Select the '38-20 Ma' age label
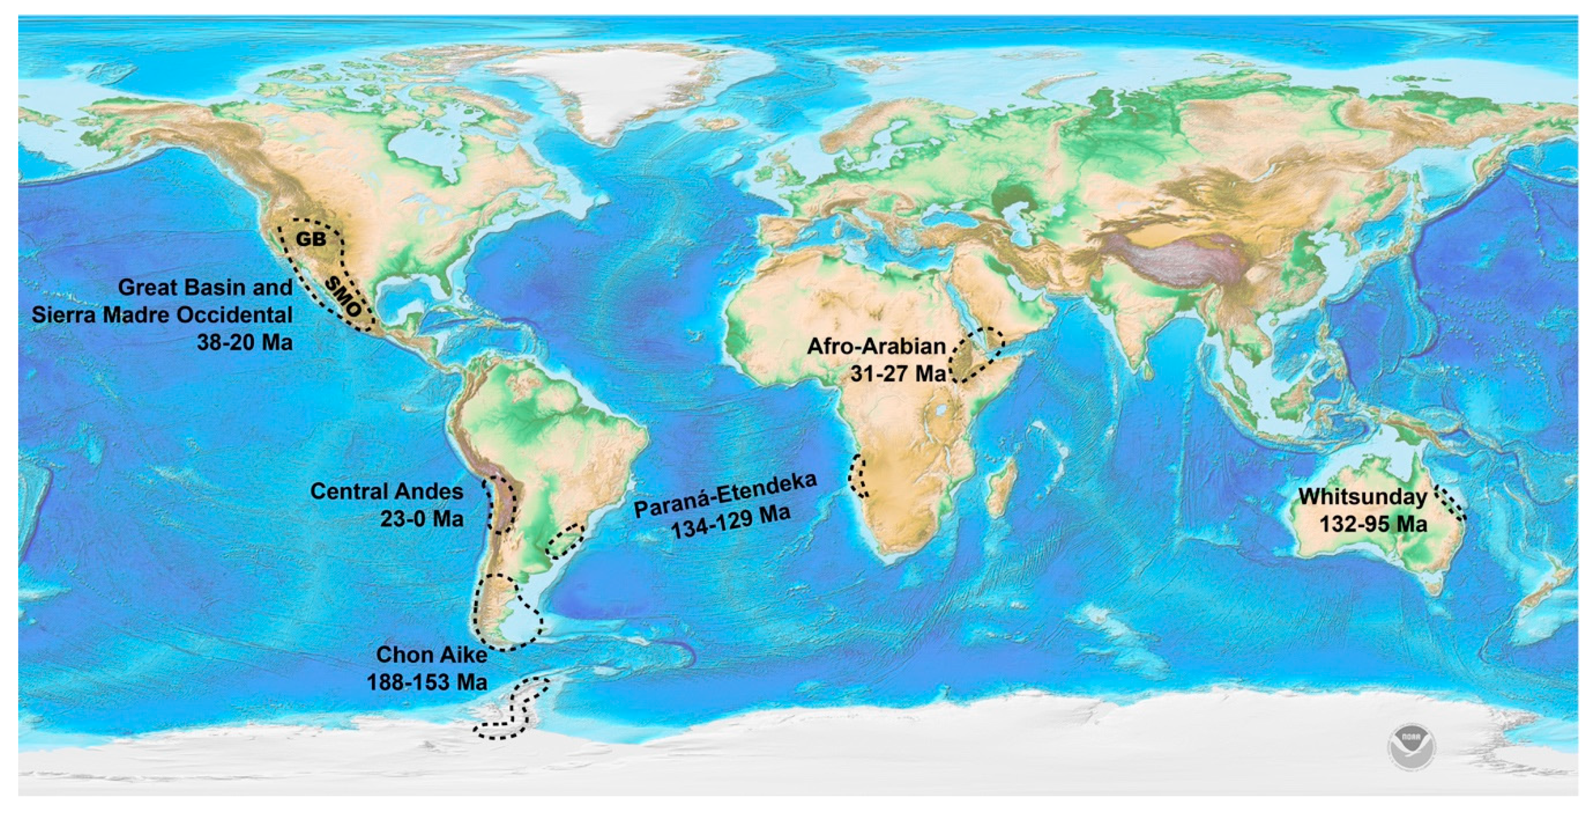245,342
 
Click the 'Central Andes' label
387,492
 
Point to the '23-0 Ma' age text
422,518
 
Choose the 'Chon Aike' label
431,655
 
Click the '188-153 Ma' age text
427,682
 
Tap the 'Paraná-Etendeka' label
725,496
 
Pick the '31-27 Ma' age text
898,374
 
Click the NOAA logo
1411,748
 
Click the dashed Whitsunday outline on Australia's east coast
1451,502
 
